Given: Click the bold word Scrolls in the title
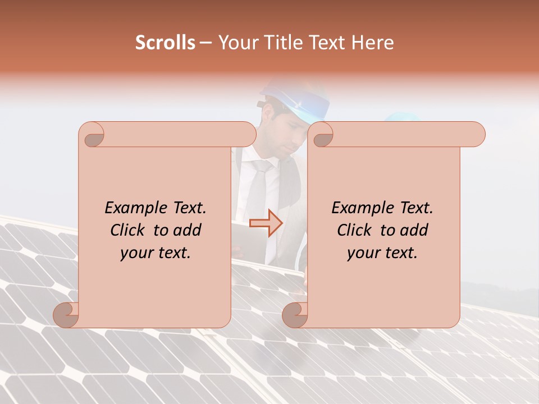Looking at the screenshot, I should click(x=165, y=43).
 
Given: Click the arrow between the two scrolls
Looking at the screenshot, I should click(x=266, y=223).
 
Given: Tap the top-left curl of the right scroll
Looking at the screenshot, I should click(x=322, y=135).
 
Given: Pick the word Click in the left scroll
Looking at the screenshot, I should click(x=130, y=230).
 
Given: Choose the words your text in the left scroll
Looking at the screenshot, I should click(x=156, y=252).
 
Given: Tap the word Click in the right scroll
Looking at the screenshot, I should click(x=357, y=230).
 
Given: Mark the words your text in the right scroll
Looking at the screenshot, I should click(x=382, y=252).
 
